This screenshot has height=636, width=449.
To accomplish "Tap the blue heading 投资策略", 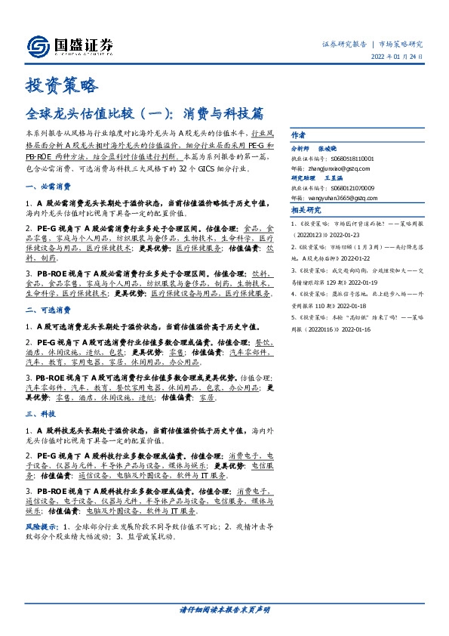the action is (62, 85).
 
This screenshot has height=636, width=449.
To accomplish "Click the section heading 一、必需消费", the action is (48, 186).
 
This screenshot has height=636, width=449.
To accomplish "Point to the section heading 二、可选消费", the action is (48, 309).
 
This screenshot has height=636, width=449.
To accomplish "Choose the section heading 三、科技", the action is (41, 414).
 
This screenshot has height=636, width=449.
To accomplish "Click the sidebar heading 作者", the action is (299, 131).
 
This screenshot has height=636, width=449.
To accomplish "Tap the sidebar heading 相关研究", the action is (306, 210).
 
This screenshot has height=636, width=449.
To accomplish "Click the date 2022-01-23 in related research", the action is (346, 233).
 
